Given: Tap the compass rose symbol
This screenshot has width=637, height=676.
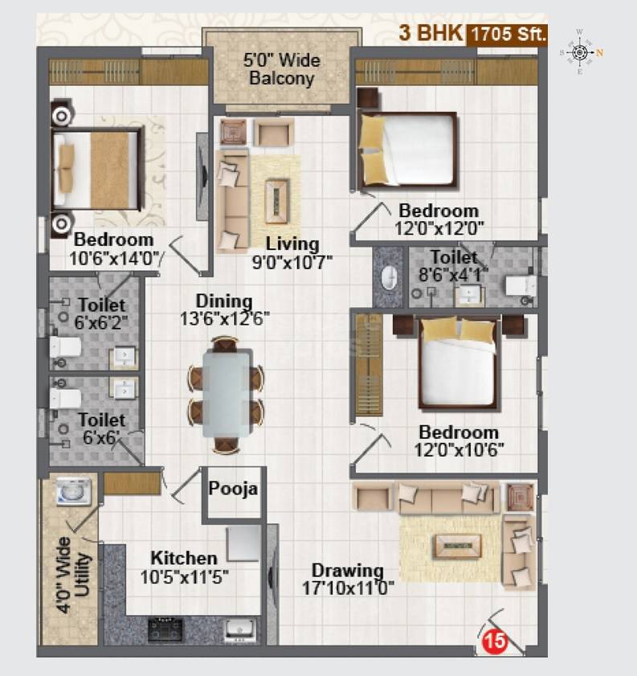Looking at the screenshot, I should [579, 52].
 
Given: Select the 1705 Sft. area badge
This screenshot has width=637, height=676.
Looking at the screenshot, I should [508, 35].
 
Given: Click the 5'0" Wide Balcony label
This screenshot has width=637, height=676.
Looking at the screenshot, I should [281, 70].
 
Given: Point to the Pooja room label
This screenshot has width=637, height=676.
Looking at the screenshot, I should [232, 489].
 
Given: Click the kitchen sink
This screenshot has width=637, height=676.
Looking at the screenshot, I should [239, 628].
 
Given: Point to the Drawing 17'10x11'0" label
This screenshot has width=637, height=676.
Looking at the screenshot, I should [348, 579].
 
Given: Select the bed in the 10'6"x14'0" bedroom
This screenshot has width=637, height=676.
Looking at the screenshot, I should [96, 169].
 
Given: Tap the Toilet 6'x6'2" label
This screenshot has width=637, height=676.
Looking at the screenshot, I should [101, 313].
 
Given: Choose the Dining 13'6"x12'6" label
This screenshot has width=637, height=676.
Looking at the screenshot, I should [223, 309].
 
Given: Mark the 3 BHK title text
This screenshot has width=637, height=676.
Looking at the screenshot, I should [431, 35].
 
